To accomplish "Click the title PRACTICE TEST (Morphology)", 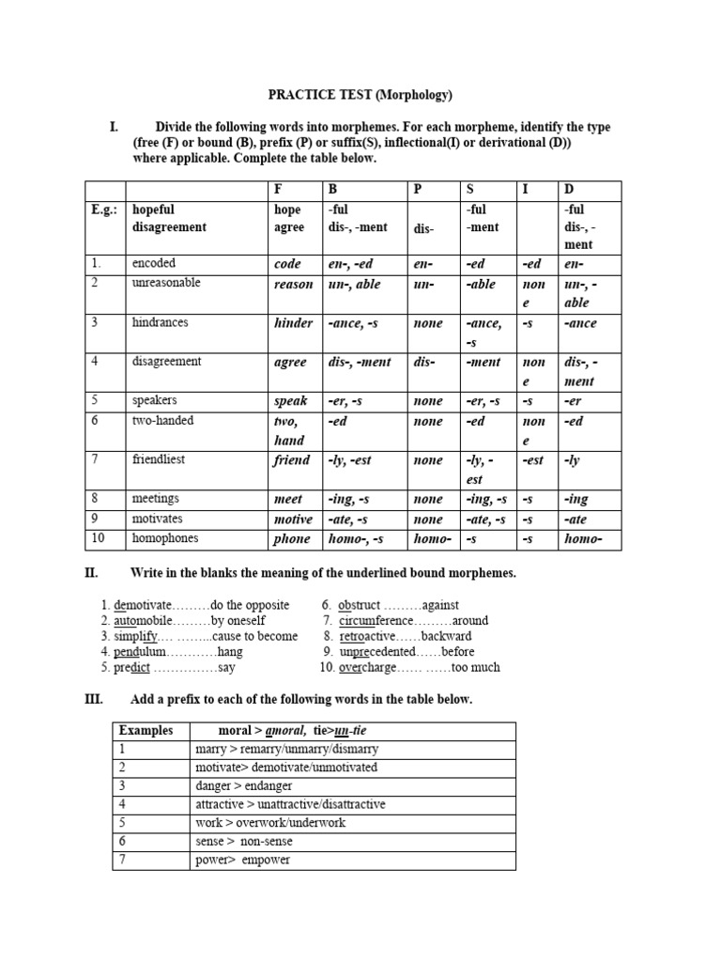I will click(360, 95).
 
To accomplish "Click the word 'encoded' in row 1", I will click(154, 263).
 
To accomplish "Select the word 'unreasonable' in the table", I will click(166, 283).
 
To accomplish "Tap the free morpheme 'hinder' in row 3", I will click(293, 323).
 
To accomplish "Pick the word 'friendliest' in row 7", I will click(161, 459).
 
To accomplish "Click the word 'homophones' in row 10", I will click(166, 538).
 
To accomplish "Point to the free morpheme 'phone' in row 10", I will click(292, 539).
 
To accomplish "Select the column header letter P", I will click(419, 190).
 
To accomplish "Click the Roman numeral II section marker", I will click(92, 573).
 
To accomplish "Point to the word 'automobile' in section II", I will click(143, 621).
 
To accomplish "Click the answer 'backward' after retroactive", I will click(447, 636).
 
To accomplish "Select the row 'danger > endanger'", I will click(243, 785).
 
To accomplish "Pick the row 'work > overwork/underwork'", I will click(270, 823).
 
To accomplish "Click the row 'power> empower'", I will click(242, 860).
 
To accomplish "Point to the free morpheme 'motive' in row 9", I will click(293, 520).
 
